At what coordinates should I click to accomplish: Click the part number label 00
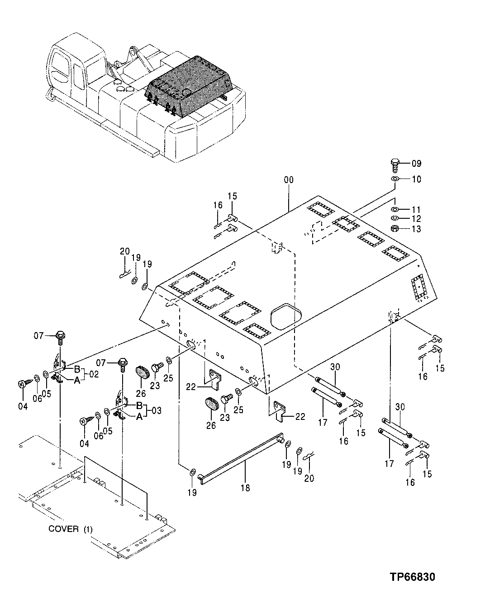pyautogui.click(x=288, y=180)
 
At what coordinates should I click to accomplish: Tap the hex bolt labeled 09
pyautogui.click(x=394, y=165)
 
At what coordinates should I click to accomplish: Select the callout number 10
pyautogui.click(x=416, y=179)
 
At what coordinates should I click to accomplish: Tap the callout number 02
pyautogui.click(x=94, y=374)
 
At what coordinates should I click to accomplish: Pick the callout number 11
pyautogui.click(x=416, y=210)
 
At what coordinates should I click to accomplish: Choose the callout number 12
pyautogui.click(x=416, y=219)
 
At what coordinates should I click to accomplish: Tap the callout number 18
pyautogui.click(x=246, y=488)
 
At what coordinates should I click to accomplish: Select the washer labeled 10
pyautogui.click(x=395, y=179)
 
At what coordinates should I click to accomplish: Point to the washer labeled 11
pyautogui.click(x=395, y=210)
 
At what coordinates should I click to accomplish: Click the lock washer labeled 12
pyautogui.click(x=395, y=219)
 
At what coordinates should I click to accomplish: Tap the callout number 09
pyautogui.click(x=416, y=163)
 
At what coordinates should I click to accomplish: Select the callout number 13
pyautogui.click(x=416, y=229)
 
